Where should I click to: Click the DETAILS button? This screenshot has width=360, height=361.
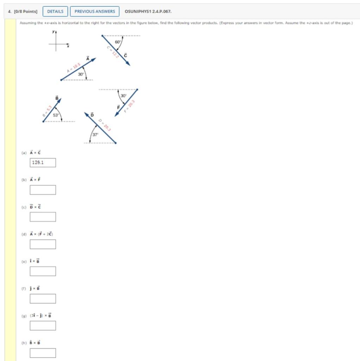pos(55,11)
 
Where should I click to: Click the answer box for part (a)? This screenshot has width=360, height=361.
pos(43,163)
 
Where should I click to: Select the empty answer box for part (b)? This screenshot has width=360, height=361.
pos(43,190)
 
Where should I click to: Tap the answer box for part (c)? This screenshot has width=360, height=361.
pos(43,217)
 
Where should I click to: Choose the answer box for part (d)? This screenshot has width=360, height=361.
pos(43,244)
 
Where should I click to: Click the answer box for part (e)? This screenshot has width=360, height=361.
pos(43,271)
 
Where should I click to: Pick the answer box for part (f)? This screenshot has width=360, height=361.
pos(43,298)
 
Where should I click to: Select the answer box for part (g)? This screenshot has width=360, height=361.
pos(43,325)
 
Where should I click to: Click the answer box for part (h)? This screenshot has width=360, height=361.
pos(43,353)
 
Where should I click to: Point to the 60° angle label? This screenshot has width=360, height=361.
pos(118,42)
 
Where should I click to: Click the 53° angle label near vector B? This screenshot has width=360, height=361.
pos(56,115)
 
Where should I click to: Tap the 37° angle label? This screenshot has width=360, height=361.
pos(95,135)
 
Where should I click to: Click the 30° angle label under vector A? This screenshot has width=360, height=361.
pos(81,74)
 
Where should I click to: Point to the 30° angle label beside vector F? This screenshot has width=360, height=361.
pos(123,96)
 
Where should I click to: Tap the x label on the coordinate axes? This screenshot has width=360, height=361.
pos(68,46)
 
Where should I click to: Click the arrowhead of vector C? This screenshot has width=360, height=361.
pos(128,64)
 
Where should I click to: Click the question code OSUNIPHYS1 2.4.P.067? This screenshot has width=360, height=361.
pos(148,11)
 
